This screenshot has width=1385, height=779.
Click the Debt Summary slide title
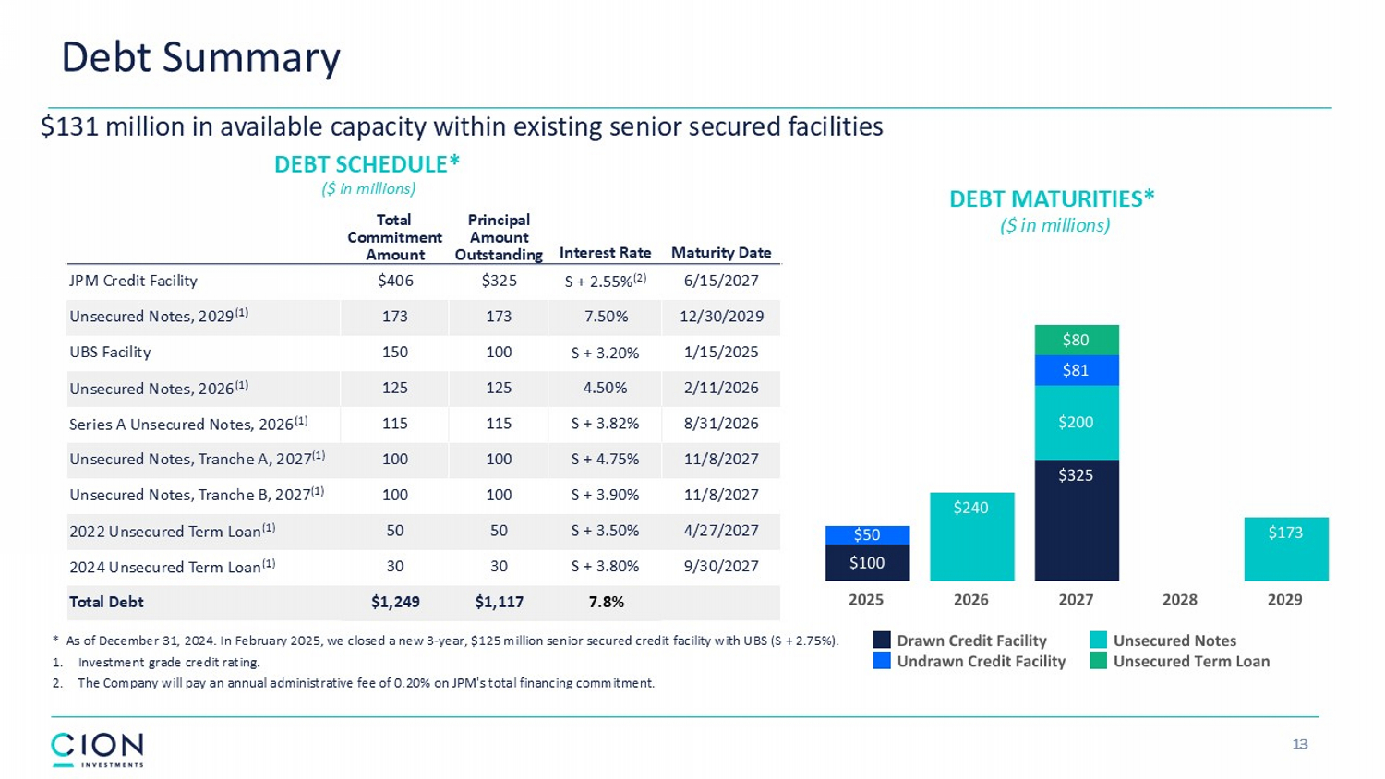(x=200, y=57)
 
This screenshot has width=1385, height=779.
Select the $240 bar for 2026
(x=971, y=536)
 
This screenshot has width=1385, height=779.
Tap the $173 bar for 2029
(x=1285, y=548)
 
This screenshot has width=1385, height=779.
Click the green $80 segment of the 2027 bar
(x=1076, y=340)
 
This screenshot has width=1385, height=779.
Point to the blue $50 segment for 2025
(x=867, y=534)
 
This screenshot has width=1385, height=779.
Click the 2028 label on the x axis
(x=1180, y=600)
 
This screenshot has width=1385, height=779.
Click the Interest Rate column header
(x=605, y=253)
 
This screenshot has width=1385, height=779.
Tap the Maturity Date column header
(x=721, y=253)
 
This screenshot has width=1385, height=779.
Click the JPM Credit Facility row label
(x=133, y=281)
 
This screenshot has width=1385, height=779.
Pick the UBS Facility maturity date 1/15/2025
(x=721, y=352)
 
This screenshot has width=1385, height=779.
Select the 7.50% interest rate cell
(x=605, y=317)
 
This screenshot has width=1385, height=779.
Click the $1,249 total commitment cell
(x=395, y=602)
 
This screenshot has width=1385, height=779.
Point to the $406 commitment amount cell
(x=395, y=281)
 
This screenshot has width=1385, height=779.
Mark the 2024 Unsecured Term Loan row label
(x=172, y=567)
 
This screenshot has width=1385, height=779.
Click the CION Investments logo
(x=97, y=749)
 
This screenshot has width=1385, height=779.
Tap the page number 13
(x=1300, y=744)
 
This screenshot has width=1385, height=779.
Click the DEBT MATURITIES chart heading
(x=1052, y=199)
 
